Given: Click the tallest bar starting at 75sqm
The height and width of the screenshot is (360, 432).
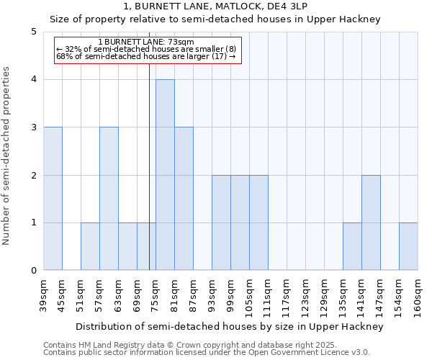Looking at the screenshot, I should pos(165,175).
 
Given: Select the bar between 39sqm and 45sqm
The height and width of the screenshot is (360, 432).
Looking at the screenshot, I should pos(53,199).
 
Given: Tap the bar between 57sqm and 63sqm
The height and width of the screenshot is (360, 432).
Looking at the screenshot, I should pos(109,199).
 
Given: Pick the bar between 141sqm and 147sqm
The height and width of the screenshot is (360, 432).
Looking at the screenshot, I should pos(371,222).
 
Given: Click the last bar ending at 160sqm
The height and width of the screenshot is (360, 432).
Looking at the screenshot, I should pos(408,246).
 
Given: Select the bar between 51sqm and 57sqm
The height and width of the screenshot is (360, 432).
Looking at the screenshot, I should pos(90,246).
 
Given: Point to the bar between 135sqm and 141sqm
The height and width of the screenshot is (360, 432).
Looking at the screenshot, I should pos(352,246).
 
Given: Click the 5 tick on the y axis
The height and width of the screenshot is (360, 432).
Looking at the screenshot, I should pos(34,32).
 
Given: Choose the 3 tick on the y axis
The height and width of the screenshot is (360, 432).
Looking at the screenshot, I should pos(34,127).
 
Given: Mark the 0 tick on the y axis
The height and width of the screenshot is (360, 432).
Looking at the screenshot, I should pos(34,271).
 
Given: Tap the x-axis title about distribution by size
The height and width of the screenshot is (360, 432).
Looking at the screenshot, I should pos(230,326).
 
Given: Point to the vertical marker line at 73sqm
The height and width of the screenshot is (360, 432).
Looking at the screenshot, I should pos(149,180).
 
